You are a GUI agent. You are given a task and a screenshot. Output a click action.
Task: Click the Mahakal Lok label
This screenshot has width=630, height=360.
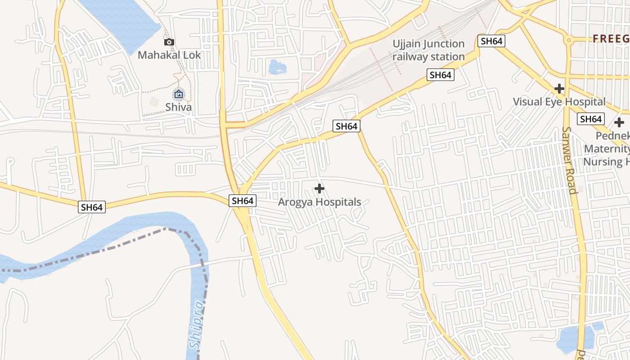coord(169,55)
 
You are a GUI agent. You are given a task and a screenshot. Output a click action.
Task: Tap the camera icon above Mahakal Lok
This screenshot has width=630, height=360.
coord(169,42)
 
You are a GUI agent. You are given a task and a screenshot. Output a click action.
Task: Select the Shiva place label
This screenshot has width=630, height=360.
coord(178,107)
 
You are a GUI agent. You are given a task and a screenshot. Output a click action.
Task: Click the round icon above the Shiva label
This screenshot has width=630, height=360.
coord(179,94)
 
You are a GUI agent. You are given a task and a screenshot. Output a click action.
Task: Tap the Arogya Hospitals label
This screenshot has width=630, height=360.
coord(319,202)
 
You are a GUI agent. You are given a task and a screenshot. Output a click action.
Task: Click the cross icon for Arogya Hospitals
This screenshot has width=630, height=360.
coord(319,189)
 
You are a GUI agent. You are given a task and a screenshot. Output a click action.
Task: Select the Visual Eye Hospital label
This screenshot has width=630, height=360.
coord(559,102)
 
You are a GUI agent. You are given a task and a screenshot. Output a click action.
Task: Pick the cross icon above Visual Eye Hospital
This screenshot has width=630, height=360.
coord(559,89)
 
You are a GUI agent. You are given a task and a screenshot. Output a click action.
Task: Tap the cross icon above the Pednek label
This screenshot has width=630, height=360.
coord(619,122)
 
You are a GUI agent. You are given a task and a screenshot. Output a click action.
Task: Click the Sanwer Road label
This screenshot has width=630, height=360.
coord(569,160)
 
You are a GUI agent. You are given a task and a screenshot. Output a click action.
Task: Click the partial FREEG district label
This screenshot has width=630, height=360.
coord(611,39)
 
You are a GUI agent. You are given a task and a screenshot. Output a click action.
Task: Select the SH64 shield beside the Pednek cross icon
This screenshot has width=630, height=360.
coord(591,119)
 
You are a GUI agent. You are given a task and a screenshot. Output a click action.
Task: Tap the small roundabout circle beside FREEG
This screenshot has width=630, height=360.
coord(569,40)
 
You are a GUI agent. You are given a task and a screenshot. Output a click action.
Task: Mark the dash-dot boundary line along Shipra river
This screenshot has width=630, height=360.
coord(90,252)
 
